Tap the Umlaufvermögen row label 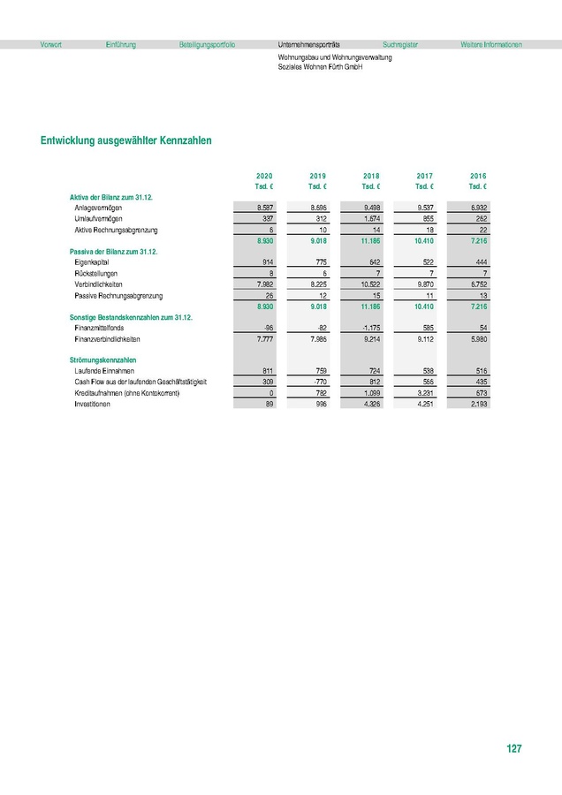coord(99,217)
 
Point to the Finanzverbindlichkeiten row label coord(108,338)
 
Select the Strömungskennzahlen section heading coord(103,360)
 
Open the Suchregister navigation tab coord(400,44)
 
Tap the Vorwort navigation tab coord(51,44)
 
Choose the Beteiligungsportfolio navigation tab coord(206,44)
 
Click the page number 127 coord(513,749)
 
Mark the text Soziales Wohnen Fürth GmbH coord(319,66)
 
